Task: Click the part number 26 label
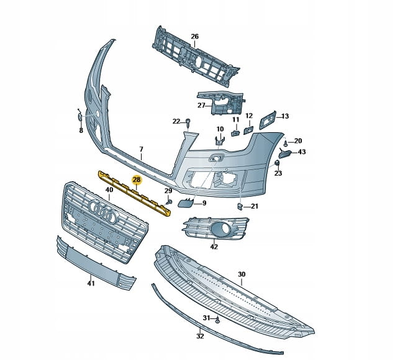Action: [194, 37]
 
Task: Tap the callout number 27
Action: [201, 106]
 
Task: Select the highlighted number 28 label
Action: [136, 180]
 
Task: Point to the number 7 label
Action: [141, 150]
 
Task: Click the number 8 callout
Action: [81, 131]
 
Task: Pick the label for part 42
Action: [214, 247]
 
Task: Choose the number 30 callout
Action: [242, 274]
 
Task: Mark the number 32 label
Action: [199, 337]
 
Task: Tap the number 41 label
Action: [91, 284]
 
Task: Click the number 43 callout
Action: [302, 152]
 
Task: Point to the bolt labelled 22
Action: [188, 125]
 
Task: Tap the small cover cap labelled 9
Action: [186, 202]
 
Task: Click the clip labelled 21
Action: [240, 205]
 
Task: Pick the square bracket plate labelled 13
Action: [268, 119]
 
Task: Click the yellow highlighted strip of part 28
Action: [134, 193]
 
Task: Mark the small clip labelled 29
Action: [169, 202]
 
